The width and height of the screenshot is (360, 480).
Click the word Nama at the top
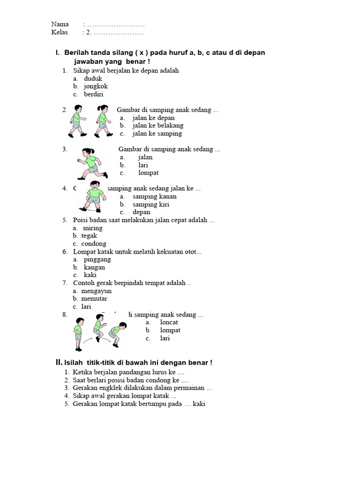60,24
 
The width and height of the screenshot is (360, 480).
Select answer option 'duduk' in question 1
93,79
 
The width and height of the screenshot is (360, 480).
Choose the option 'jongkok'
96,86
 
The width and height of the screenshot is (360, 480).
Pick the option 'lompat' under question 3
149,173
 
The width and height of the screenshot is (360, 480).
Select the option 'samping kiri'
151,204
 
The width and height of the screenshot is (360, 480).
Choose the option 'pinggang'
97,259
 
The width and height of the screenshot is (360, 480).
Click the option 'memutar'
94,299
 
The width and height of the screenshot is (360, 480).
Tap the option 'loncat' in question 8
169,322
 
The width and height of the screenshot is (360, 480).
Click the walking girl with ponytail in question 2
103,120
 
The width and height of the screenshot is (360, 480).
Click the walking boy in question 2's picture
77,120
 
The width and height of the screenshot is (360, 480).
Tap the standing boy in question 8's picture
78,333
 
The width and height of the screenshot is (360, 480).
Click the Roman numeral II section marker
59,362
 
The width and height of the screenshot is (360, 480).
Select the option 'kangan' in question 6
94,267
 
